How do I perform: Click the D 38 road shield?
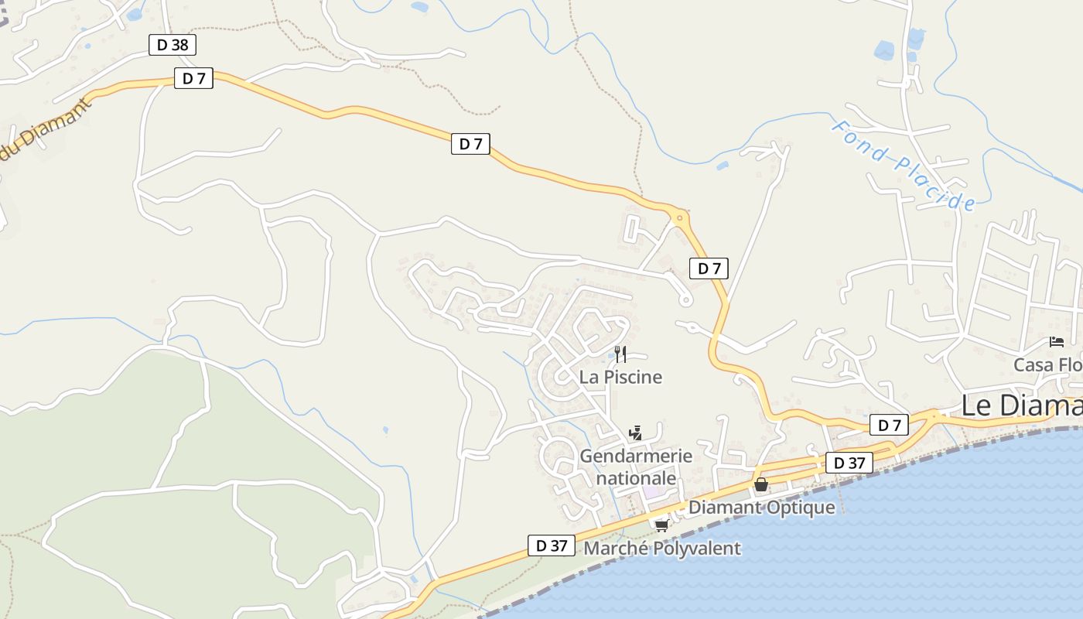click(x=172, y=45)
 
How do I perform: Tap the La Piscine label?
click(x=621, y=378)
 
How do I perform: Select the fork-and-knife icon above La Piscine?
click(x=620, y=354)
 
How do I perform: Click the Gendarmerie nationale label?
click(x=636, y=467)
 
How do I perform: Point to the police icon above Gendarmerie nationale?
click(x=636, y=433)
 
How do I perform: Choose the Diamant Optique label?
click(x=762, y=508)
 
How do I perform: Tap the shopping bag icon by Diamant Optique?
click(x=761, y=485)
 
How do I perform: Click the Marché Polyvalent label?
click(x=662, y=549)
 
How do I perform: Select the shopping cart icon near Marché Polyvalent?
click(x=661, y=526)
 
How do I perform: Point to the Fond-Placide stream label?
click(x=903, y=165)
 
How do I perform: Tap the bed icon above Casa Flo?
click(x=1057, y=342)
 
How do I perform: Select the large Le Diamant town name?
click(x=1021, y=405)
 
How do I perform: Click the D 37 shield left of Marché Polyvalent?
click(x=552, y=545)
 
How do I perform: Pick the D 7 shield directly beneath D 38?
click(x=193, y=78)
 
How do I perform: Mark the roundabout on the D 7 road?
click(x=680, y=218)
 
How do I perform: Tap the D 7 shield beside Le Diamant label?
click(x=889, y=425)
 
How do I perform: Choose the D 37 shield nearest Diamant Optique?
click(x=849, y=463)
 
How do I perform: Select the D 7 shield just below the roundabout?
click(x=709, y=268)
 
